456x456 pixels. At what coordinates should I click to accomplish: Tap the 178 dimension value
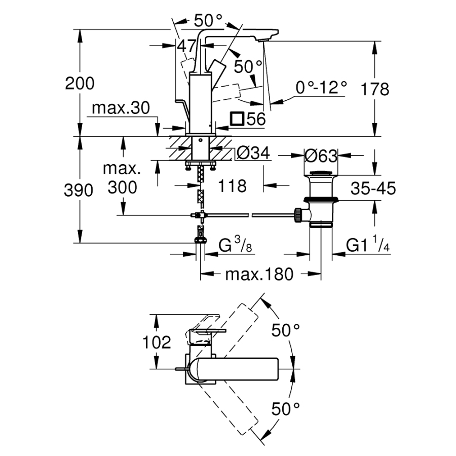pos(374,89)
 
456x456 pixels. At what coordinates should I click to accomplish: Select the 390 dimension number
pos(80,190)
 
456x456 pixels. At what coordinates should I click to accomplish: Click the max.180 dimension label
pos(259,274)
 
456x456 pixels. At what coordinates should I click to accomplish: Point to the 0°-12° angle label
pos(322,88)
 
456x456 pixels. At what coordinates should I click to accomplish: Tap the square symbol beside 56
pos(236,119)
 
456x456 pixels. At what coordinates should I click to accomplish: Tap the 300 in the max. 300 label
pos(122,187)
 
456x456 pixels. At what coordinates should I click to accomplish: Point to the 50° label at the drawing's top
pos(208,20)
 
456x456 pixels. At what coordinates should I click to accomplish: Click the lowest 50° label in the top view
pos(286,408)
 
